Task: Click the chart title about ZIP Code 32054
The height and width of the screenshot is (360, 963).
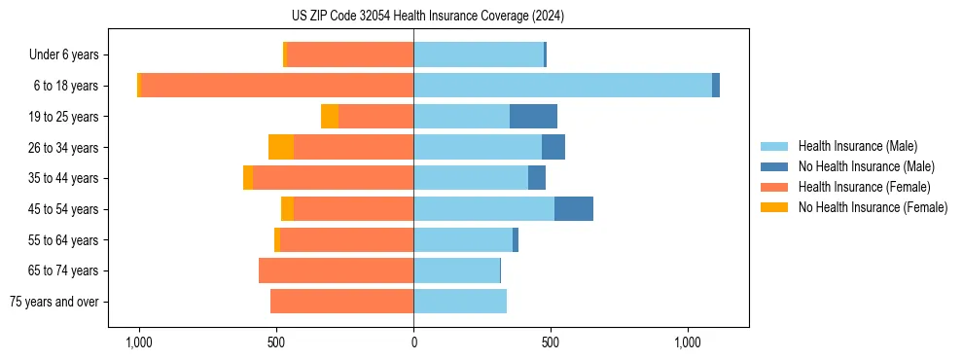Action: click(x=427, y=16)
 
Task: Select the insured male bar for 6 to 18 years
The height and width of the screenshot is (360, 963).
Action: click(x=562, y=86)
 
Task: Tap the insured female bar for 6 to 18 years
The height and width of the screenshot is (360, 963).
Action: click(x=277, y=86)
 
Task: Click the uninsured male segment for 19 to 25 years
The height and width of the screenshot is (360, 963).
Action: click(x=533, y=117)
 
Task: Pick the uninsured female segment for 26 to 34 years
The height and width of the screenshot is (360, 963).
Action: click(x=281, y=147)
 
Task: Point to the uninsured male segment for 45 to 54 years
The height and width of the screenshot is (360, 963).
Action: click(x=574, y=209)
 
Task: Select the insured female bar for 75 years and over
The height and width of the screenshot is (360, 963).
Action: click(x=341, y=302)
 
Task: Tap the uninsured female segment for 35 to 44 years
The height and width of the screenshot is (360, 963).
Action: click(x=248, y=178)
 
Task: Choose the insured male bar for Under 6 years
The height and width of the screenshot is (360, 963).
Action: click(x=479, y=54)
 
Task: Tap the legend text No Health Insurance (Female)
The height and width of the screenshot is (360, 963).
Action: click(x=872, y=207)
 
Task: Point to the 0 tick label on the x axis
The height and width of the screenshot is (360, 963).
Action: click(x=413, y=342)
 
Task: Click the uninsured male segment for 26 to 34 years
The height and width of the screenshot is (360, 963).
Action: click(x=553, y=147)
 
